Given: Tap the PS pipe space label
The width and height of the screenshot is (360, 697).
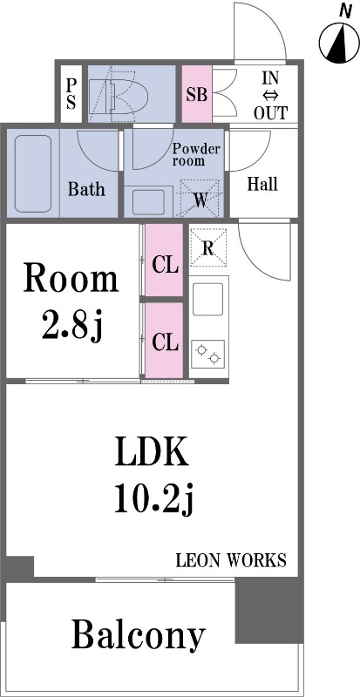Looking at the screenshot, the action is pos(71,94).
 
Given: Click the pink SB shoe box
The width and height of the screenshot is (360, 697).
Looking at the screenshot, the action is pos(197,94).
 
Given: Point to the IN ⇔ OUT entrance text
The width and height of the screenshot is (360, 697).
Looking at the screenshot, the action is pos(270,96).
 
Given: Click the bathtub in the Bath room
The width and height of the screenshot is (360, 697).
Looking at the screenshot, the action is pos(33,173).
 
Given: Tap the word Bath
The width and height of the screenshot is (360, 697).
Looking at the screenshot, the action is pos(86,189).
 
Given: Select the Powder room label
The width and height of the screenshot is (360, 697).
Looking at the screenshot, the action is pos(196,154).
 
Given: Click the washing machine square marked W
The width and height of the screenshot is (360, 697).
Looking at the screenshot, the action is pos(200,199).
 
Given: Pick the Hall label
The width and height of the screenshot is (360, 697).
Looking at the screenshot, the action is pos(262,184).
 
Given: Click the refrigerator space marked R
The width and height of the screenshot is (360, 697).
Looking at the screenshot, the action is pos(207,247).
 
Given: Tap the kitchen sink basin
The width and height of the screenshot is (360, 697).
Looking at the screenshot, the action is pos(207,299).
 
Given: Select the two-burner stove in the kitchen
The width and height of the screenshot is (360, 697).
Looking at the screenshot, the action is pos(207,354).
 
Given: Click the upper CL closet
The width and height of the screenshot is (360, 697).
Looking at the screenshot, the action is pos(164,260).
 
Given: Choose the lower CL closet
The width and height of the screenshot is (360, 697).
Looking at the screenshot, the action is pos(164,341).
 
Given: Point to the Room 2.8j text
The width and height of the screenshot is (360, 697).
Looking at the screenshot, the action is pos(71,302).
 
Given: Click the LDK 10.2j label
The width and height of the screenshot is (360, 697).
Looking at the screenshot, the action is pos(153,475).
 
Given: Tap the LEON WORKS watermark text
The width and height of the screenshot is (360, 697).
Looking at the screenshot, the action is pos(231,560).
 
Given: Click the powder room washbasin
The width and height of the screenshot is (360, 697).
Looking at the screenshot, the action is pos(148,202).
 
